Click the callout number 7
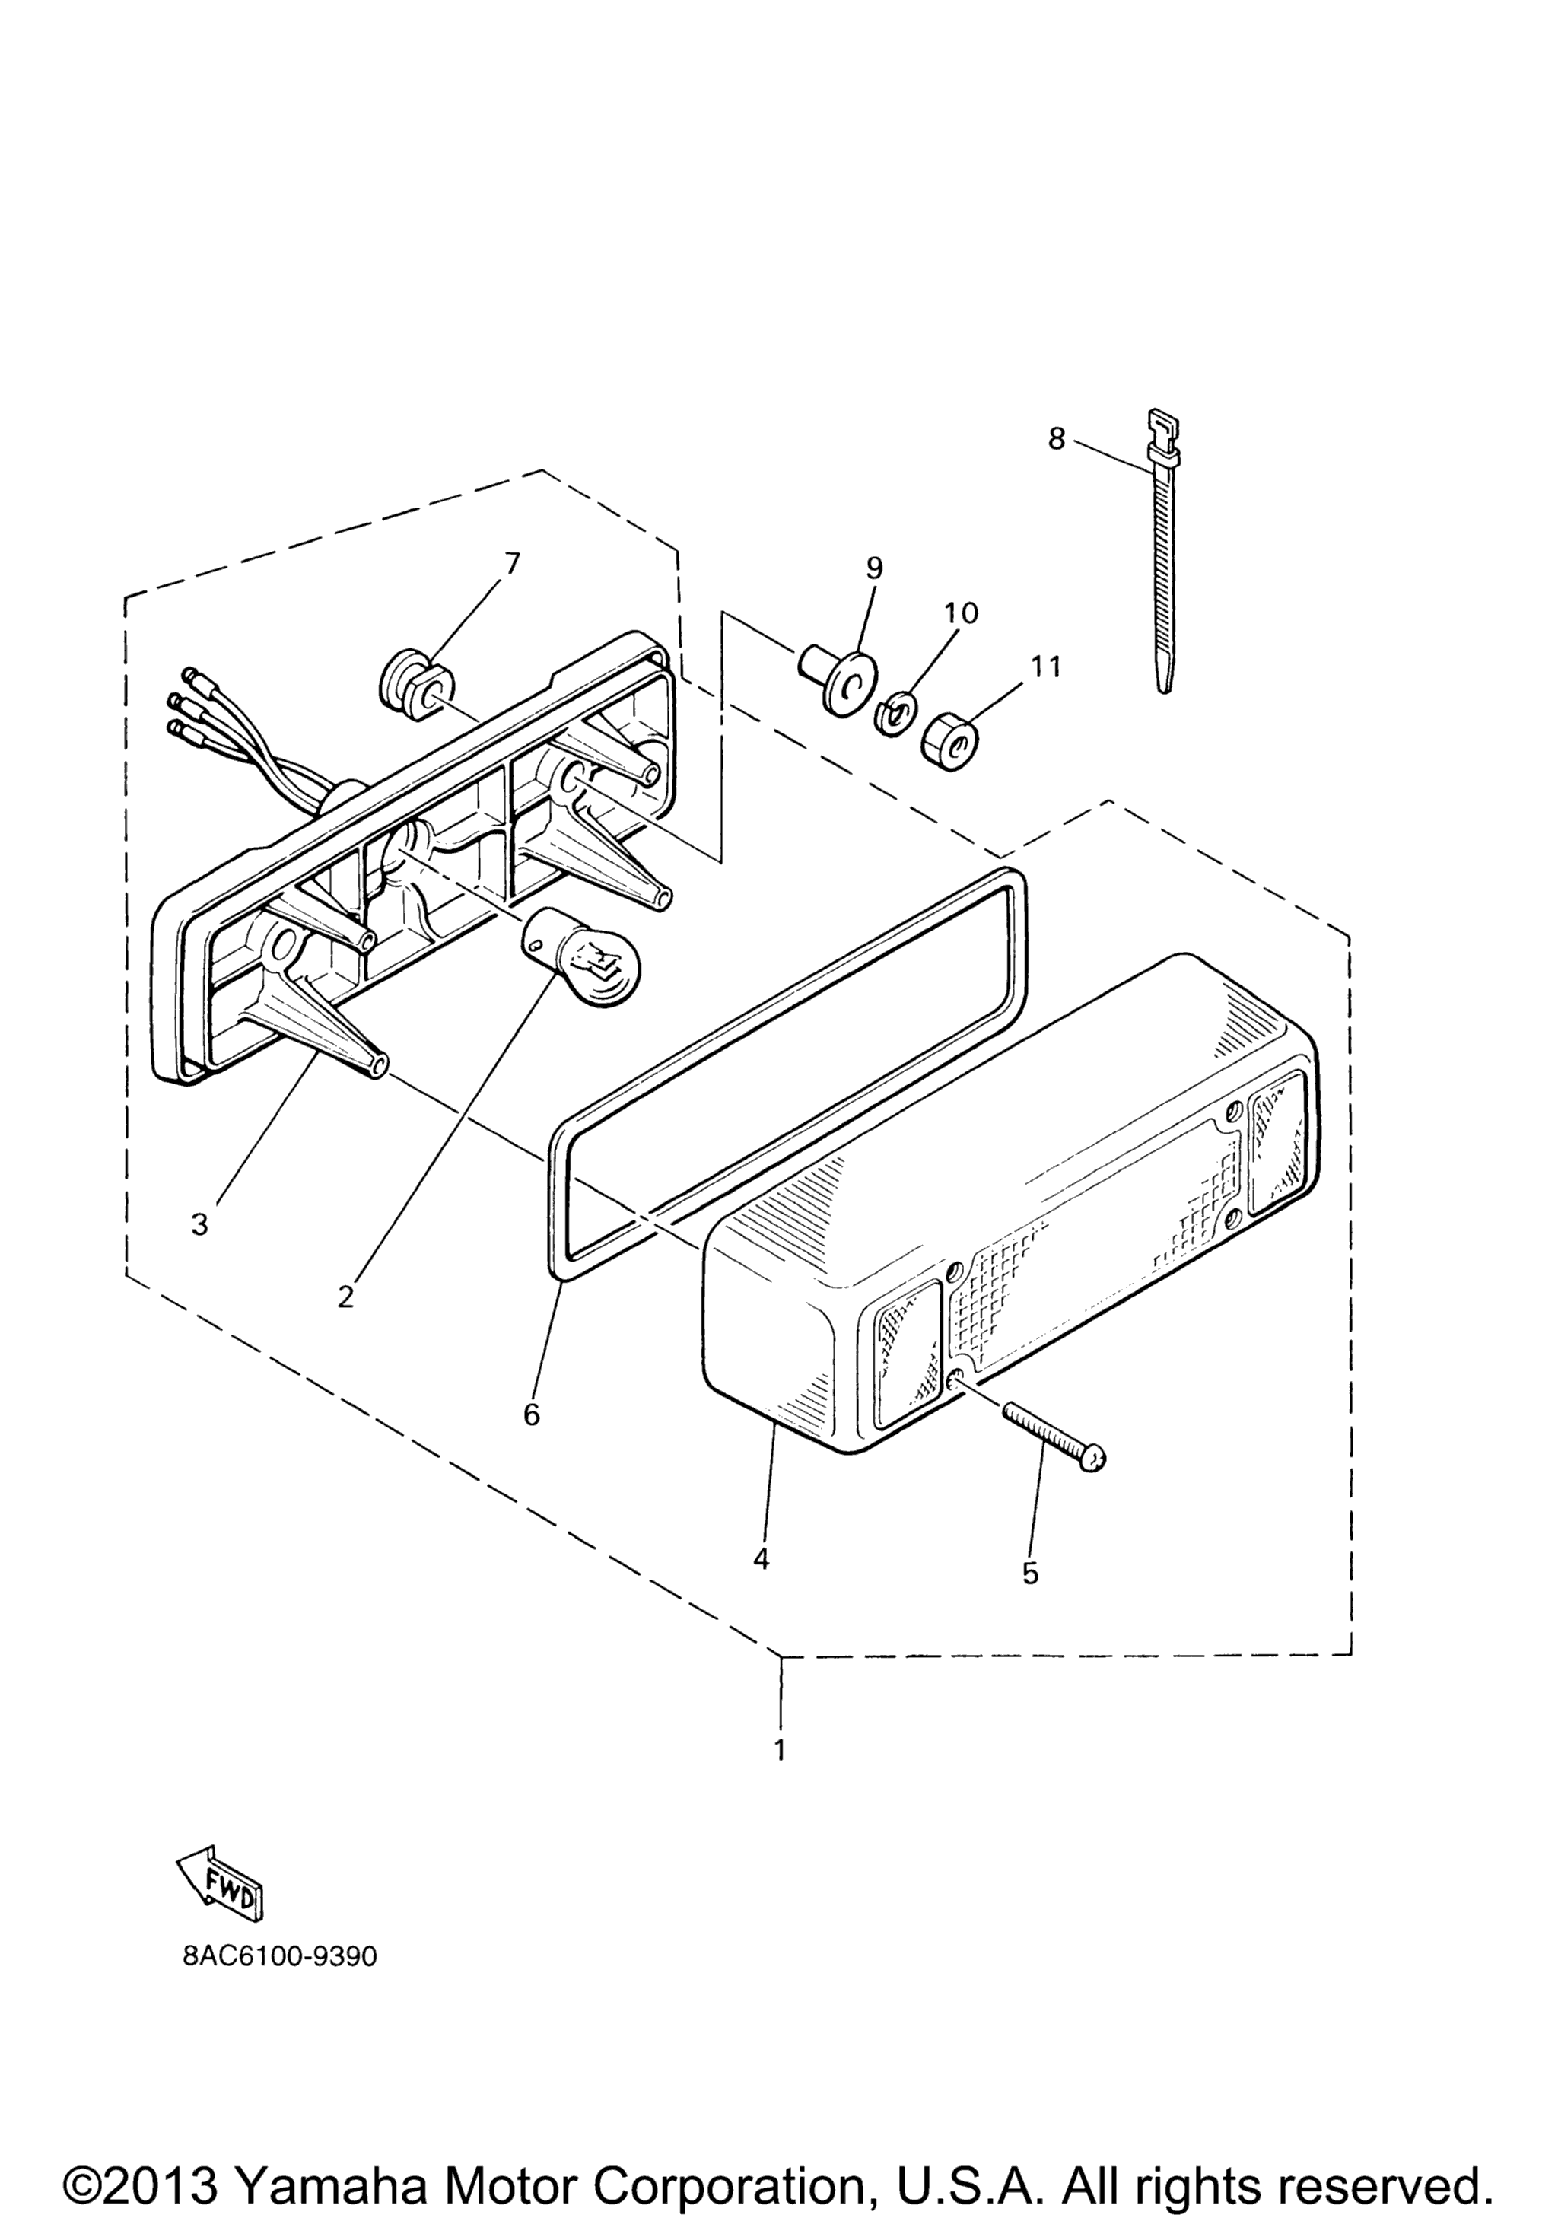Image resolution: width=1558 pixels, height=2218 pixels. [512, 563]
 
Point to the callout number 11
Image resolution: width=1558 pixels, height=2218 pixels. [1045, 667]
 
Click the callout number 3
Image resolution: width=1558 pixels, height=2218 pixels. [200, 1225]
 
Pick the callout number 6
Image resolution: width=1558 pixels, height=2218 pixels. [531, 1414]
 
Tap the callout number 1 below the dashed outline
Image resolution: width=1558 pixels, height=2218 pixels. [781, 1749]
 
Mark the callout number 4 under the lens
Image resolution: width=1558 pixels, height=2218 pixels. [762, 1559]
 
